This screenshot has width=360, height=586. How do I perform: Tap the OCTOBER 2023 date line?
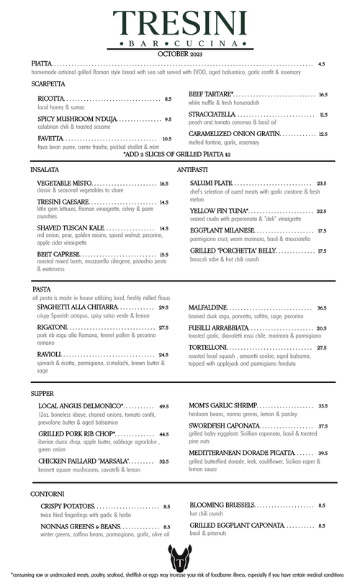click(x=180, y=53)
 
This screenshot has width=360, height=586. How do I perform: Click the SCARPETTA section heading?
click(x=48, y=84)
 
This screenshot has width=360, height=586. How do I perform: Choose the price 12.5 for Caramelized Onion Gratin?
click(x=323, y=134)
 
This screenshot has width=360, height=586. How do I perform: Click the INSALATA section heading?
click(x=45, y=169)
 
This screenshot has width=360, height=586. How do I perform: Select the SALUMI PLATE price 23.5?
click(x=321, y=184)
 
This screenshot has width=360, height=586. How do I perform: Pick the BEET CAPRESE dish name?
click(x=58, y=254)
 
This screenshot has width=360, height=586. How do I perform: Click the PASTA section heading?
click(x=42, y=289)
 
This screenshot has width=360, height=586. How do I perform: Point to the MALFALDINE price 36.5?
click(x=321, y=307)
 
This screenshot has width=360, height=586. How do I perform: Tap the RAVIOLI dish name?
click(x=50, y=355)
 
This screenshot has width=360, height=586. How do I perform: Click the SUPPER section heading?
click(x=43, y=394)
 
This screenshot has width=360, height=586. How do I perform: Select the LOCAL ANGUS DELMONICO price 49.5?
click(x=164, y=406)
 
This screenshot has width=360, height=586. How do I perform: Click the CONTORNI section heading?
click(x=48, y=494)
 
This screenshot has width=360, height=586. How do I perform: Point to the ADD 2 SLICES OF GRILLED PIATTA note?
click(x=177, y=154)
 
